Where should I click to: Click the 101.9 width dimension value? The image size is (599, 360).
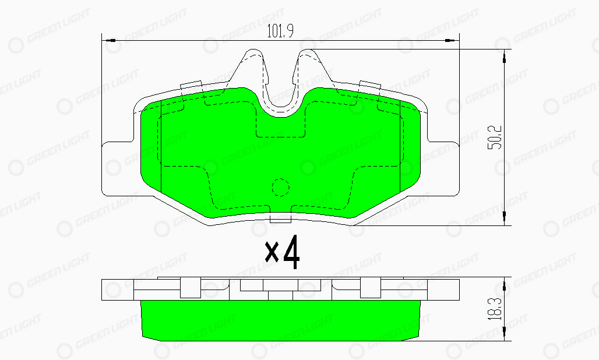(x=280, y=31)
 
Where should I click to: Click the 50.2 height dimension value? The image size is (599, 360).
(x=495, y=137)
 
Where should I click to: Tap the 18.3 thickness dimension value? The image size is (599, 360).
(x=495, y=309)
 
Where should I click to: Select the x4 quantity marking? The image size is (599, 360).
(x=282, y=252)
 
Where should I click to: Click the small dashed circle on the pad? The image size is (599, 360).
(x=280, y=188)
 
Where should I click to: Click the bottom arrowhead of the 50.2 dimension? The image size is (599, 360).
(x=504, y=218)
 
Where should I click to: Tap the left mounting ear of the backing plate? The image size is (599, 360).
(x=117, y=168)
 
